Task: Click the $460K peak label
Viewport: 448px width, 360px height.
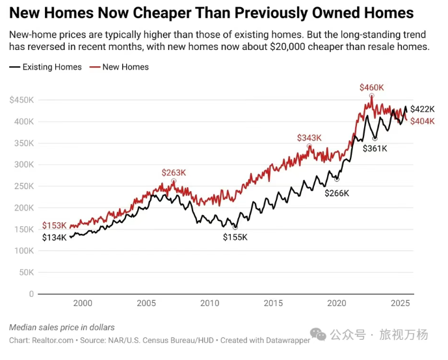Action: [372, 87]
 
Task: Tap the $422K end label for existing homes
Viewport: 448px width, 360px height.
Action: [422, 109]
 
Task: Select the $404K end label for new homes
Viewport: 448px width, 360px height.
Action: [422, 122]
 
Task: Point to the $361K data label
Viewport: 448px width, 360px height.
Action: [375, 148]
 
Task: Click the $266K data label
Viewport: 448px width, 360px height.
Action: [337, 193]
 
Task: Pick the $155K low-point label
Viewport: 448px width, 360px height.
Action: [235, 237]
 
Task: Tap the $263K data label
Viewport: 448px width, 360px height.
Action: [174, 172]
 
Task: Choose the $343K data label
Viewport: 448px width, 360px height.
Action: [310, 138]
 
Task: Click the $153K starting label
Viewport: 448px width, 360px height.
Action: [55, 225]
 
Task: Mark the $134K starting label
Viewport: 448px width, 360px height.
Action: [55, 238]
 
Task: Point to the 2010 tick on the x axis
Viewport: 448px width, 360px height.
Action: [209, 303]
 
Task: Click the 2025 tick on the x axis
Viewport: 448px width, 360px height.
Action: [400, 303]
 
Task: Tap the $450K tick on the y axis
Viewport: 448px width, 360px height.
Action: [22, 99]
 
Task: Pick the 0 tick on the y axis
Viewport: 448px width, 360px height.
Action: [31, 294]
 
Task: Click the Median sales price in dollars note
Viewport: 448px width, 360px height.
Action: [62, 327]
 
